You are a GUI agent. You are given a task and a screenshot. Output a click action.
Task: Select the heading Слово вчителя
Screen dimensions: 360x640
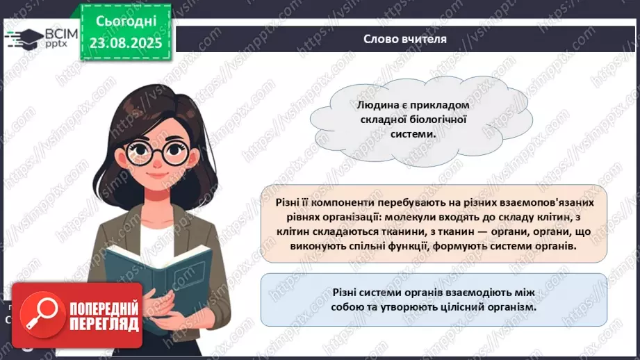pos(405,39)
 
